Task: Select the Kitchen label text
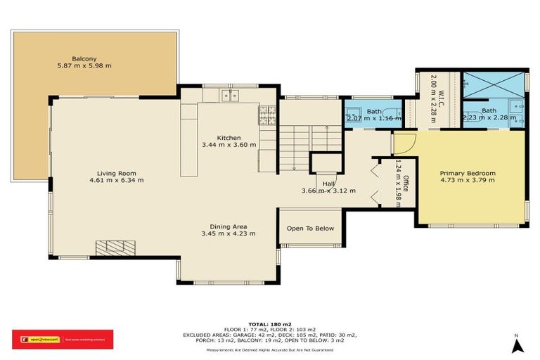229,137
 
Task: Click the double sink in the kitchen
231,95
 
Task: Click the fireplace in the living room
114,247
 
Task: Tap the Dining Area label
228,226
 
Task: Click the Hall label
328,184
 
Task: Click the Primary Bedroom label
468,173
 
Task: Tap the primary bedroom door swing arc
404,144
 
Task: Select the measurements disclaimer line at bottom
269,349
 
